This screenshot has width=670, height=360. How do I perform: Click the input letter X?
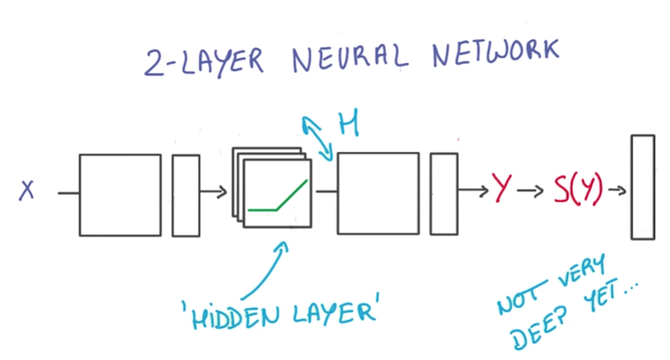(27, 192)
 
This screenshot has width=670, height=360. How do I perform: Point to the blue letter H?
(348, 125)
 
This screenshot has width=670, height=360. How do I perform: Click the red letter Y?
(502, 190)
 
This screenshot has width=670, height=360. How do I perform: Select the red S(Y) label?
(578, 190)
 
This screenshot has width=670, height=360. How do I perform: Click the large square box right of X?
(120, 194)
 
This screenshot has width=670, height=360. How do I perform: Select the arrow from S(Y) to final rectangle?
(617, 190)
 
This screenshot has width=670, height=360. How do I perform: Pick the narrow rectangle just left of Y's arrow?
(444, 193)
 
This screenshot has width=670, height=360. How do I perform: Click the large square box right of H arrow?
(377, 193)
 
